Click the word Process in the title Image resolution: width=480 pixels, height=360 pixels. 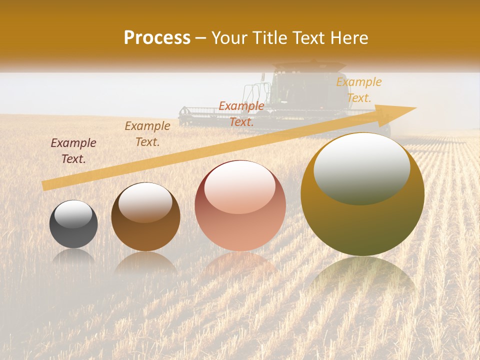pyautogui.click(x=157, y=38)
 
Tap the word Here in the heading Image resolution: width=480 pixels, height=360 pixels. pyautogui.click(x=348, y=38)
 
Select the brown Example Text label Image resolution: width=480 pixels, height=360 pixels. pyautogui.click(x=147, y=134)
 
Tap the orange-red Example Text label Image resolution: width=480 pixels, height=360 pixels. pyautogui.click(x=241, y=113)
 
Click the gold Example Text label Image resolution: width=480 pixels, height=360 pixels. pyautogui.click(x=359, y=90)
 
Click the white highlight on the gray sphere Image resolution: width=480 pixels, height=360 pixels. pyautogui.click(x=73, y=214)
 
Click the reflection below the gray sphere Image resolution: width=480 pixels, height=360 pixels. pyautogui.click(x=73, y=257)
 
